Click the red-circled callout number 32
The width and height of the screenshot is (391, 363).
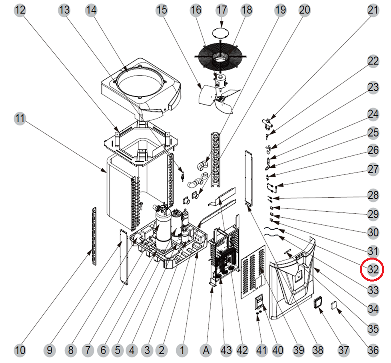[373, 270]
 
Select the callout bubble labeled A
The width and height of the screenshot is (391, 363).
[206, 350]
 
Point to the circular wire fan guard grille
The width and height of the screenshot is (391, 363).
[219, 58]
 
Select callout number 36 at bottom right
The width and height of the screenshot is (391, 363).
[373, 350]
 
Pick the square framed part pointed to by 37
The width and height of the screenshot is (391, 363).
[319, 303]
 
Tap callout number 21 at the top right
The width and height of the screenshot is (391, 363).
[373, 10]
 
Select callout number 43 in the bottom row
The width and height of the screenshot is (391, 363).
[226, 350]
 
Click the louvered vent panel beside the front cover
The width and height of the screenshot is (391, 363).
[253, 270]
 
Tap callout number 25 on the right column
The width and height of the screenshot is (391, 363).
[373, 133]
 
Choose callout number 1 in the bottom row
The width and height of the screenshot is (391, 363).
[182, 350]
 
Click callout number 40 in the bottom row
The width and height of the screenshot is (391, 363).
[277, 350]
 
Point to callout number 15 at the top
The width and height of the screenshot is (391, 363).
[162, 10]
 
